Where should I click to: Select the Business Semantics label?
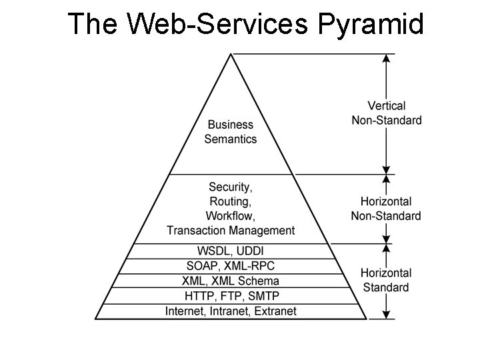(231, 132)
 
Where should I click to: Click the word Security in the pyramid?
(229, 187)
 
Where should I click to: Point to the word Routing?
(230, 201)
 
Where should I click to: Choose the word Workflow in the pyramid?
(230, 216)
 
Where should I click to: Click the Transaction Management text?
(231, 231)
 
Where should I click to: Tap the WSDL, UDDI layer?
(231, 251)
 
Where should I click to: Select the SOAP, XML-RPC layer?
(231, 266)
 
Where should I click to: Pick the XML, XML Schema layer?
(231, 281)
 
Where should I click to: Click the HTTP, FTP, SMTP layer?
(231, 295)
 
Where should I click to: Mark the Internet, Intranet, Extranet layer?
(231, 311)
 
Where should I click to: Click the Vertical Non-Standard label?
(395, 113)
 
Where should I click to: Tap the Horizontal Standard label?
(385, 280)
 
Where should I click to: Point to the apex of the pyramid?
(231, 55)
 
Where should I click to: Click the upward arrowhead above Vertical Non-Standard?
(385, 59)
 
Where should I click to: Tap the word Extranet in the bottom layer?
(275, 311)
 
